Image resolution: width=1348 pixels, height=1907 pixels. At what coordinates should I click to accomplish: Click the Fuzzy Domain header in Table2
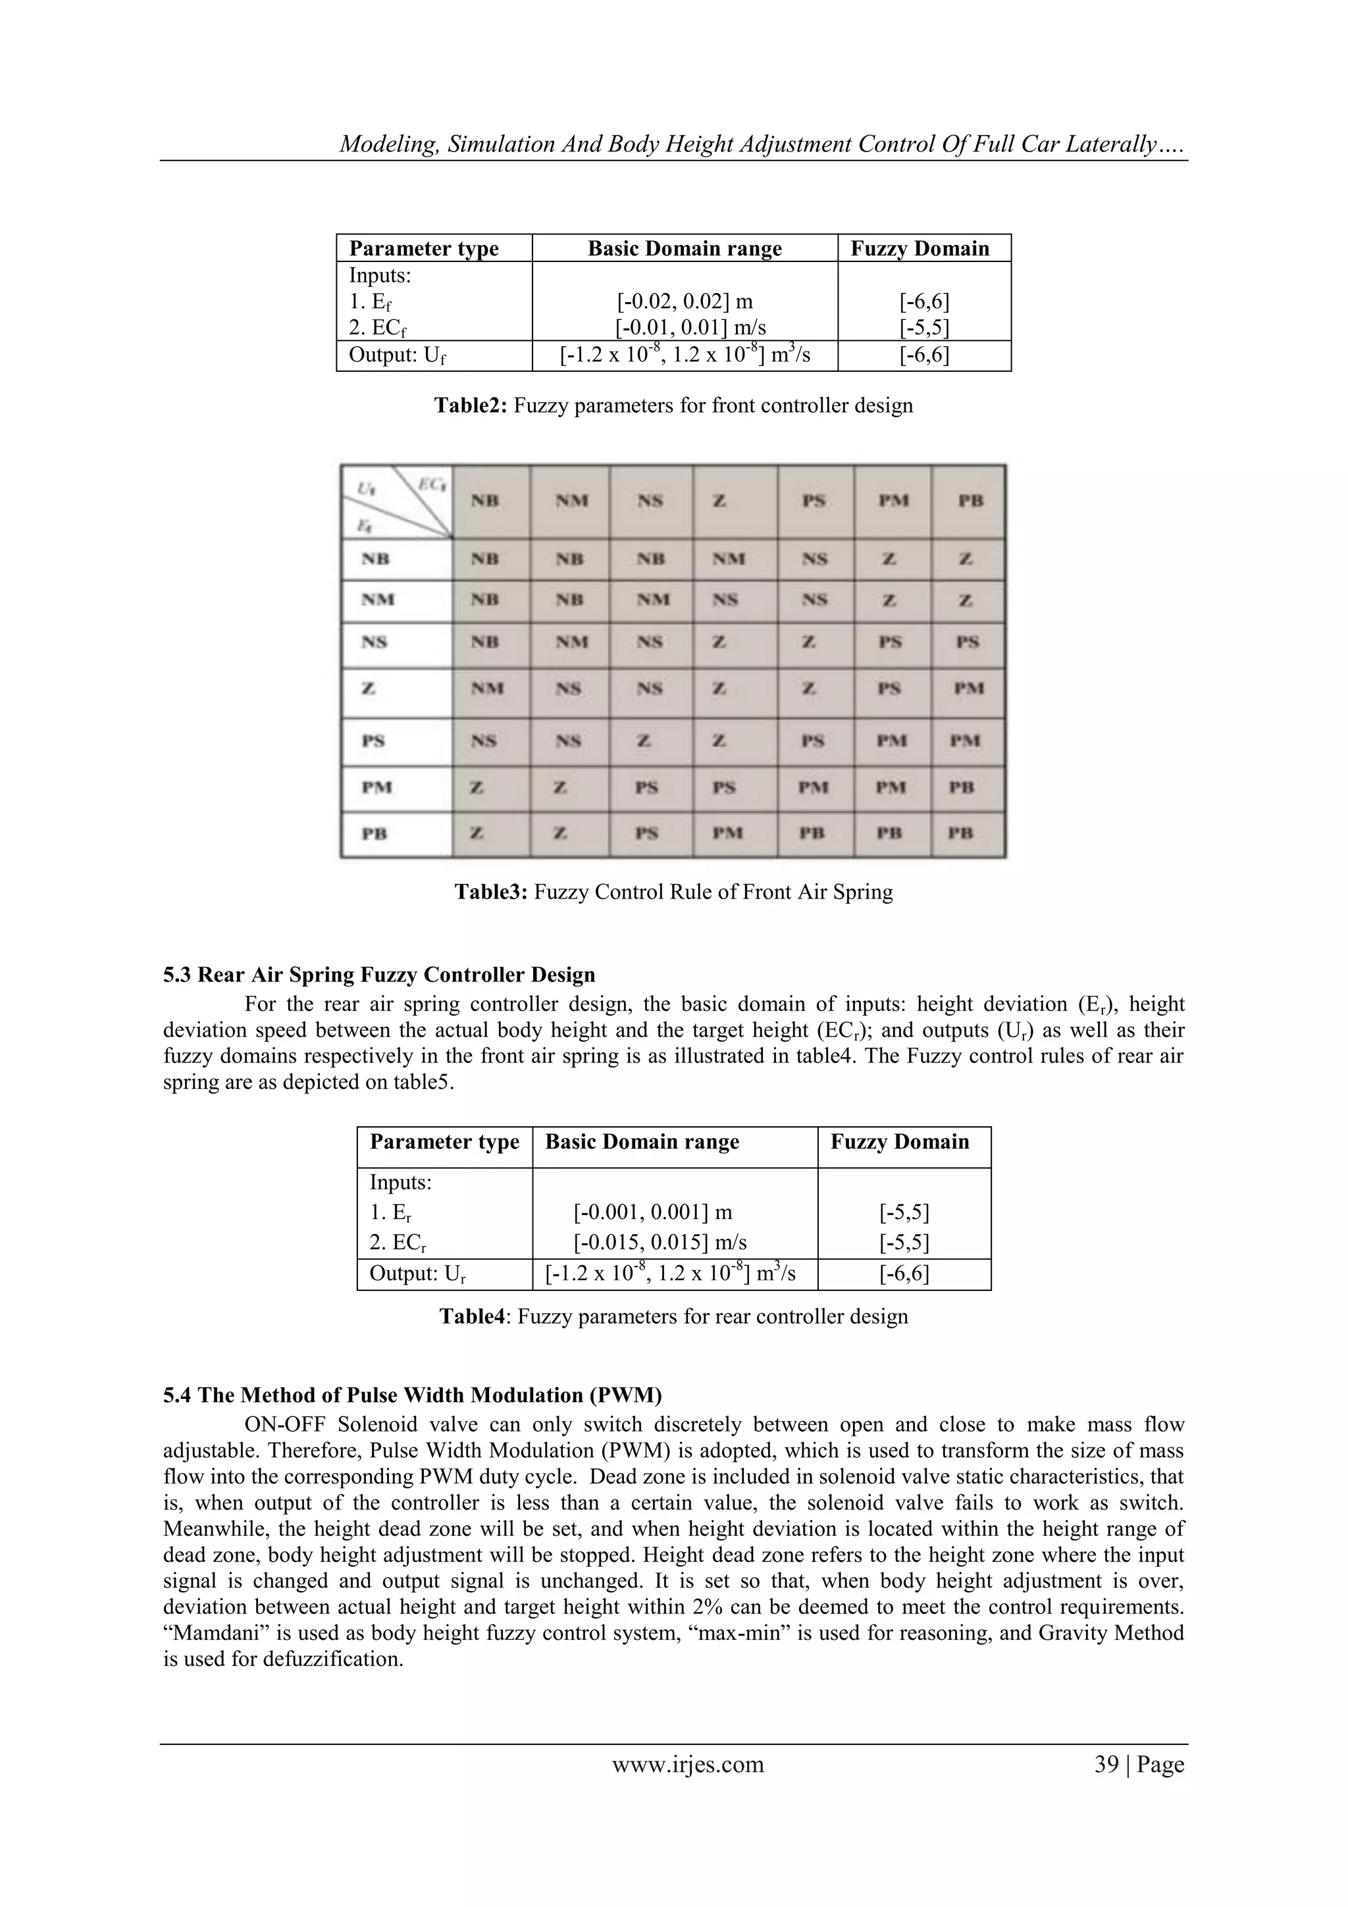click(x=920, y=248)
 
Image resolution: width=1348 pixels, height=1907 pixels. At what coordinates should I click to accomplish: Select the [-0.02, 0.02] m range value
click(x=685, y=301)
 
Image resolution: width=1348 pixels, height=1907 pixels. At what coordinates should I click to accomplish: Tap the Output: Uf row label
click(x=398, y=355)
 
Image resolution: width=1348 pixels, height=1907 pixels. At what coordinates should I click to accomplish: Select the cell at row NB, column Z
click(x=727, y=560)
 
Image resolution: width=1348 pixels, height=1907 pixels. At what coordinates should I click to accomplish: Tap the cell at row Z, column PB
click(x=968, y=689)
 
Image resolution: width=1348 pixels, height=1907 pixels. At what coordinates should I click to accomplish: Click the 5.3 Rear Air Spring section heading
click(x=378, y=974)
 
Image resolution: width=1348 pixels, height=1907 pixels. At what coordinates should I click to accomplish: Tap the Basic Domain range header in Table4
click(x=642, y=1142)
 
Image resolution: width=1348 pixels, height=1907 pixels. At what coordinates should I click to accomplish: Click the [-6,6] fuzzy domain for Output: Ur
click(x=904, y=1273)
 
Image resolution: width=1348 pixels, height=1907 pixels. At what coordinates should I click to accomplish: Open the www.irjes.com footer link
click(x=688, y=1764)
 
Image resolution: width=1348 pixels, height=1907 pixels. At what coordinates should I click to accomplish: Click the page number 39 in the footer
click(x=1106, y=1764)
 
